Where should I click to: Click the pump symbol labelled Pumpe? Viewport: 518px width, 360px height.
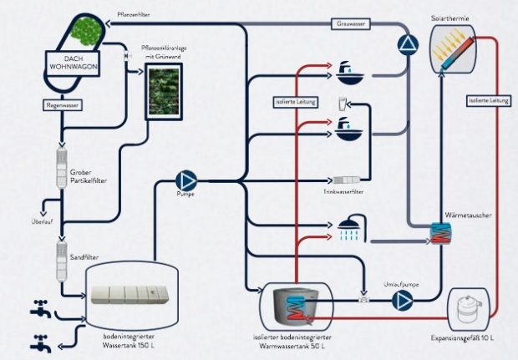click(185, 179)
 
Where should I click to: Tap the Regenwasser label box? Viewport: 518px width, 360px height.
click(62, 106)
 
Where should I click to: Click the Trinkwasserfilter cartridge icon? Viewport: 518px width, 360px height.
click(347, 180)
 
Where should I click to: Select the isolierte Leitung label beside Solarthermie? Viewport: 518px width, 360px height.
click(488, 101)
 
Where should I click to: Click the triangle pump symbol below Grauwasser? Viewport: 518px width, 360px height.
click(406, 45)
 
